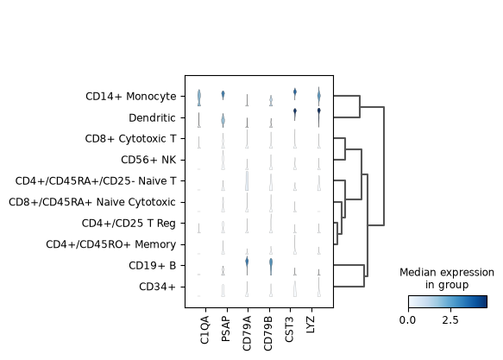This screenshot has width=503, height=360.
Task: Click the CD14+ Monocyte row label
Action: [131, 96]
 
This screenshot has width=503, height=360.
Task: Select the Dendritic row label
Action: [152, 117]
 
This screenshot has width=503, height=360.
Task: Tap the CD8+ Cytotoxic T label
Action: [130, 139]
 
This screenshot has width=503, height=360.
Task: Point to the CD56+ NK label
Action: [148, 160]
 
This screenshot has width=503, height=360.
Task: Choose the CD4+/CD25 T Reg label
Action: [129, 223]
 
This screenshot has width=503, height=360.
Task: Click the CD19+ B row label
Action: [153, 265]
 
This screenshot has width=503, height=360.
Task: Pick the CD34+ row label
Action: [157, 287]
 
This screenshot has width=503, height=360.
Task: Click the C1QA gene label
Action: [204, 330]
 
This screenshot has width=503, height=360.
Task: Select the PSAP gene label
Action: [226, 329]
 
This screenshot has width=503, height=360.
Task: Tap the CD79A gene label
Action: [247, 333]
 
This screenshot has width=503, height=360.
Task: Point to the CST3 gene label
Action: [289, 329]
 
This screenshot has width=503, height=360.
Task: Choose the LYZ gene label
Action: [311, 324]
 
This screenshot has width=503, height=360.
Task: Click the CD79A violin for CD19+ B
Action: [247, 266]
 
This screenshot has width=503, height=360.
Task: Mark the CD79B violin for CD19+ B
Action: [271, 267]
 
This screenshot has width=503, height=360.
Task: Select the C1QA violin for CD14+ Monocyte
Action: [199, 98]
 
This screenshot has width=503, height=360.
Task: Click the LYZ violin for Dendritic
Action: [319, 117]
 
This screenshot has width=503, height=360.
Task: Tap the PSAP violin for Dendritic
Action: [223, 120]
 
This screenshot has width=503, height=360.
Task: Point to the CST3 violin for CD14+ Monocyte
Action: [295, 94]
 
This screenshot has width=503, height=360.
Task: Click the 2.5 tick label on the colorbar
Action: [450, 320]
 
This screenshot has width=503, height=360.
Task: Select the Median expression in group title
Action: [447, 279]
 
